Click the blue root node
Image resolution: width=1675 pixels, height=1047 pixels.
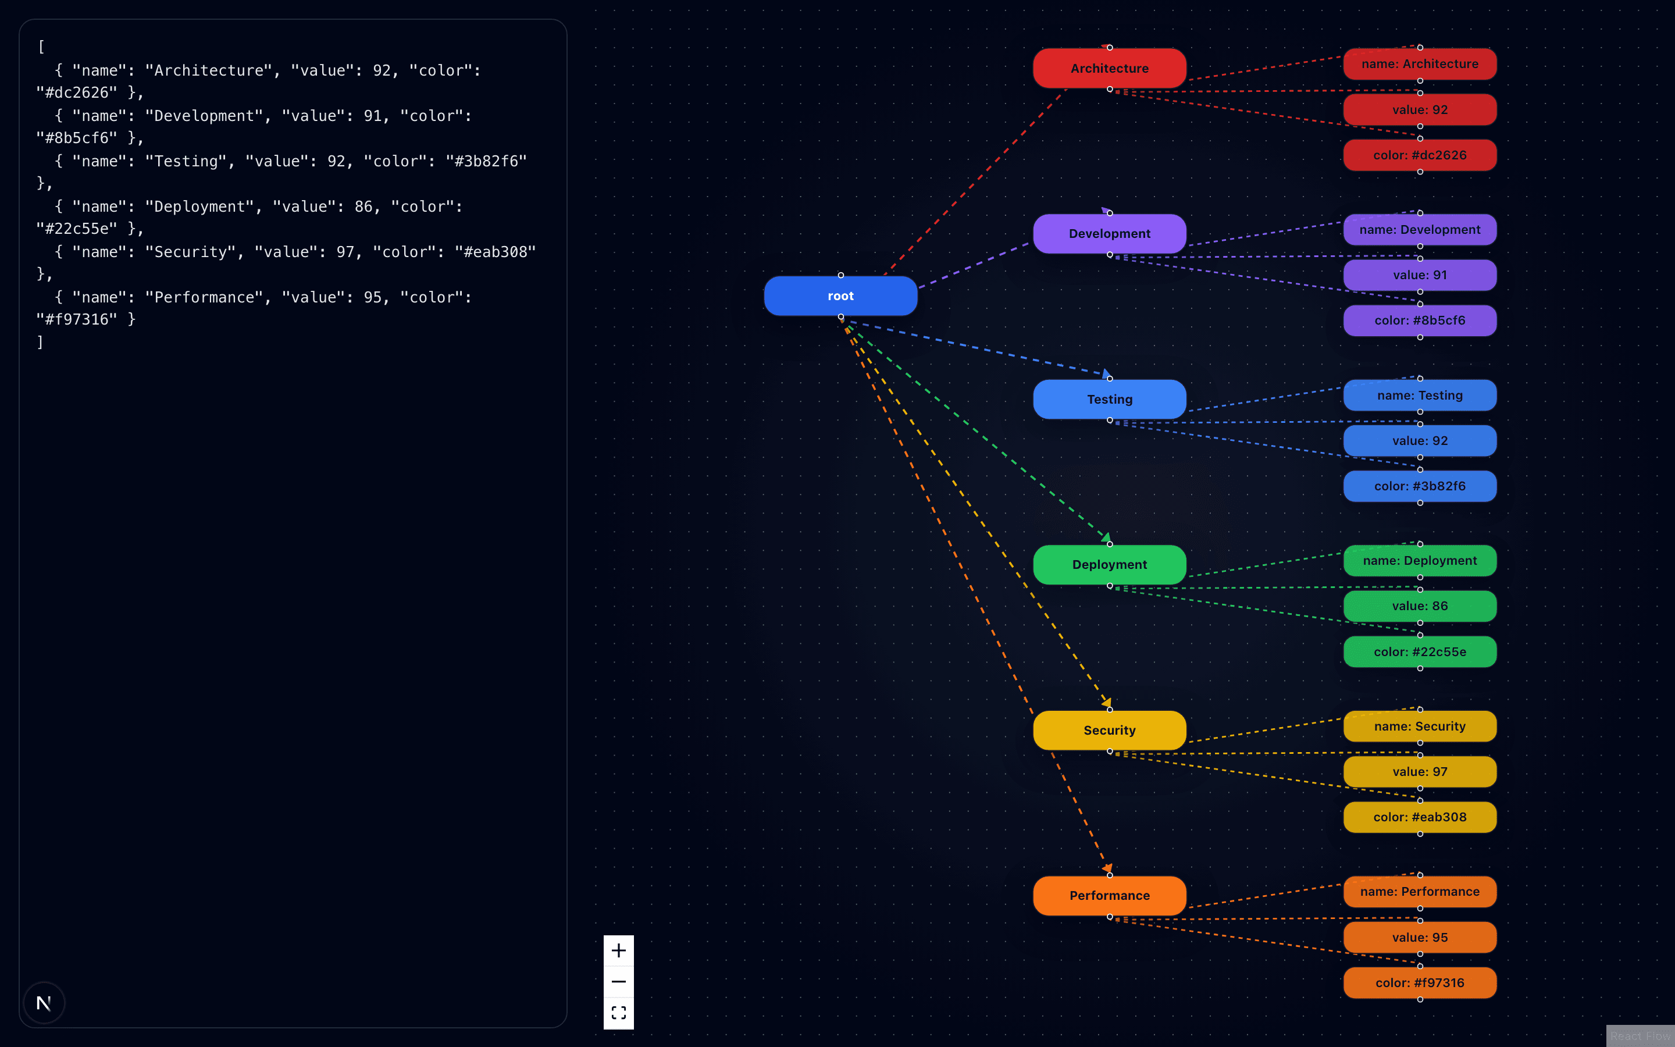840,295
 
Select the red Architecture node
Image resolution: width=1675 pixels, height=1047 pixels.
1109,68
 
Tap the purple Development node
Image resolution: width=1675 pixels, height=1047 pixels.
1109,233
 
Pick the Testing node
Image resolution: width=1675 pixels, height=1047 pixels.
1109,399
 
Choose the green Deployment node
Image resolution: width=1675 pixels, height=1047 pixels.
1109,564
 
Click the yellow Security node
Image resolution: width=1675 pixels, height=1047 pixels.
1109,730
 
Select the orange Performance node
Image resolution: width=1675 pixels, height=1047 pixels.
1109,895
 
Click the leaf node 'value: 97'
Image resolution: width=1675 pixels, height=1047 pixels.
1419,771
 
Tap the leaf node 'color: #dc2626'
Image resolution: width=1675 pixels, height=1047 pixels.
1419,155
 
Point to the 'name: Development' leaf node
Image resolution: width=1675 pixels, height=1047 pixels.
1419,229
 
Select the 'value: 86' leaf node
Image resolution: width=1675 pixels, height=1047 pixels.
1419,606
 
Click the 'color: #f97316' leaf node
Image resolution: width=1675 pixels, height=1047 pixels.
1419,982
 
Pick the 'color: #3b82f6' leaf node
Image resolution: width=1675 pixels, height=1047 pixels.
1419,486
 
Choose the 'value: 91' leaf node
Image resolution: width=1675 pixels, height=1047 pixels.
1419,275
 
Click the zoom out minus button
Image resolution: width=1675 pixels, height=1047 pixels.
618,981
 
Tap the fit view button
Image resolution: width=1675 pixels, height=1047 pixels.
618,1012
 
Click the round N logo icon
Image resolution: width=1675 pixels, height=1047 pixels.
44,1003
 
